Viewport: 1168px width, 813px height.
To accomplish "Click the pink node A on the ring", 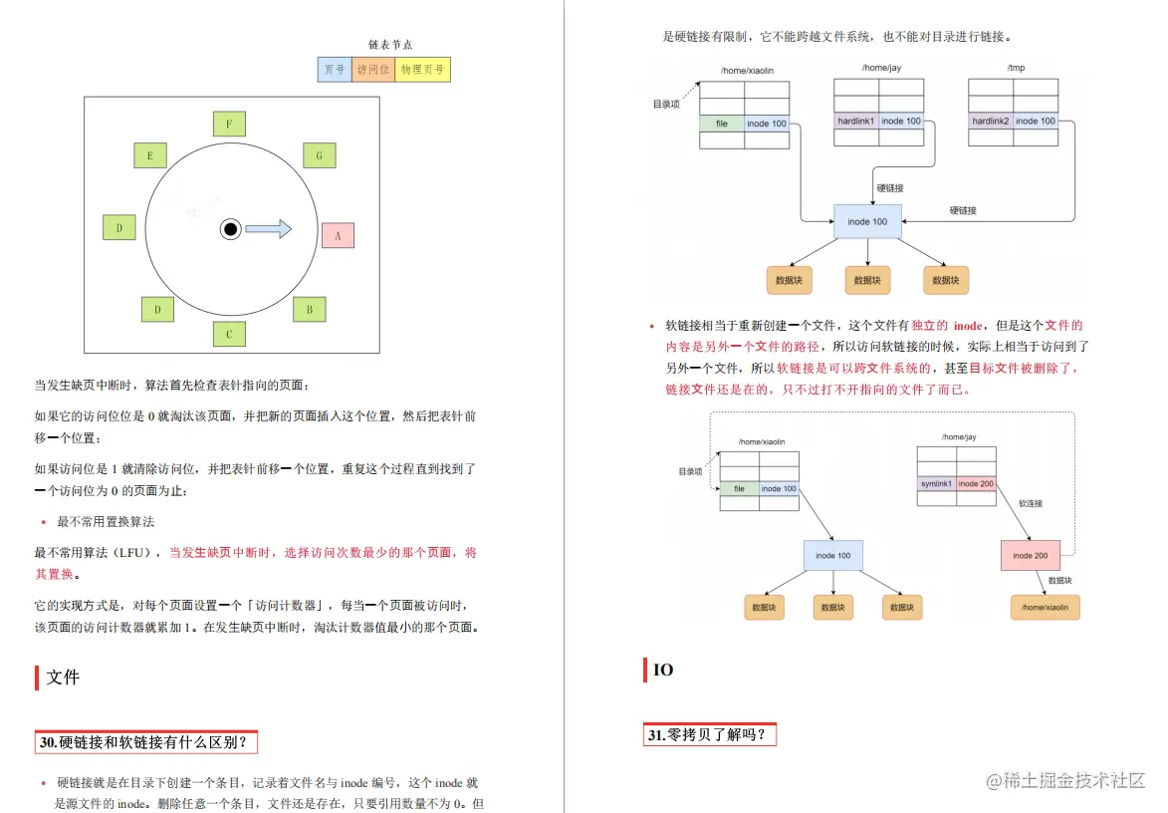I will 338,235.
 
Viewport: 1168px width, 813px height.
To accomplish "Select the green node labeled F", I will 229,125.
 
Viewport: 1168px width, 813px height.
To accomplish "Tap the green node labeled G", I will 319,155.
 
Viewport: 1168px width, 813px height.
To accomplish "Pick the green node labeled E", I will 150,155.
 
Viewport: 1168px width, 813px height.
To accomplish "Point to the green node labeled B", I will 310,309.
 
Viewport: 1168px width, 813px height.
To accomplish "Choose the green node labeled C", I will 229,334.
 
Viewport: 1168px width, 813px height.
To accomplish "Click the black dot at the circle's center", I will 230,229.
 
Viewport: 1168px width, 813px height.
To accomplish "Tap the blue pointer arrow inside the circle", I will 268,229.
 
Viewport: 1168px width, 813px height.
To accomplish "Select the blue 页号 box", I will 335,69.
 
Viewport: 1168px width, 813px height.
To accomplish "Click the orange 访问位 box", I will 373,69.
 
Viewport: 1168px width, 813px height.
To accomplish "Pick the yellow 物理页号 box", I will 423,69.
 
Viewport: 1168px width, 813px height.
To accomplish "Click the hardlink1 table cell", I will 856,121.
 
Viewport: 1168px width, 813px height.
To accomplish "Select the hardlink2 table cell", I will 991,121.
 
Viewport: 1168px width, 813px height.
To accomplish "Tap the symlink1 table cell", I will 936,483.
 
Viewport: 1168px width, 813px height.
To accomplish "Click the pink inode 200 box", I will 1031,555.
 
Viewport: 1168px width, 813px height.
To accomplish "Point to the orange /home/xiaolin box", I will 1045,607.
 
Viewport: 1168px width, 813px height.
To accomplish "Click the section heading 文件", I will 63,677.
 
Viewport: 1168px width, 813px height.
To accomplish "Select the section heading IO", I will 663,670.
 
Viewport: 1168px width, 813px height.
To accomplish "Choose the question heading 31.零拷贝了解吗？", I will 707,735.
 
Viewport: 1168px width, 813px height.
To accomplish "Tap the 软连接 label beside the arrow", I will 1031,504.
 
